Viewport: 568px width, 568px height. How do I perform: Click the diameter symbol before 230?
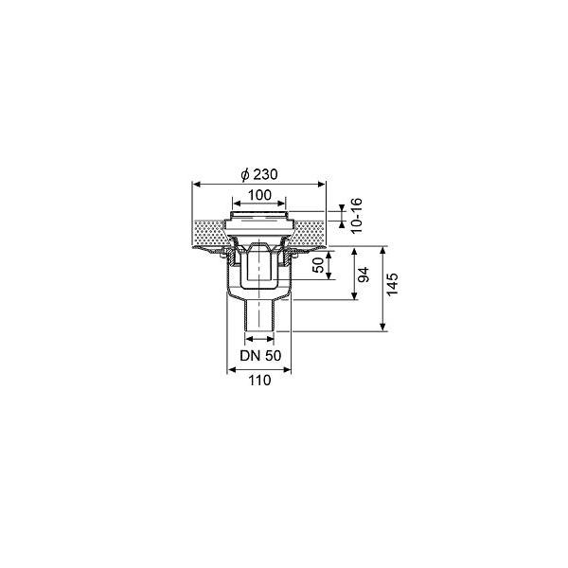(245, 174)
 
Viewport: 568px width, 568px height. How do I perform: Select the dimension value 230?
(265, 174)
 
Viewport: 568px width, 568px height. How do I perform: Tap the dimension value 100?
(259, 195)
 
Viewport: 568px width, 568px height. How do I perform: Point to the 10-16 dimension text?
(357, 216)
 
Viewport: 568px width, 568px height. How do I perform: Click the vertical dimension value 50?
(319, 265)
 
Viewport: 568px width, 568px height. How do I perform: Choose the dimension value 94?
(364, 275)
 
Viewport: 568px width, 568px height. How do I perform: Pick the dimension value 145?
(392, 284)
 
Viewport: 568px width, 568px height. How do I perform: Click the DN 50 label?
(260, 355)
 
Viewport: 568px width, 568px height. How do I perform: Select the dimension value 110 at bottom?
(259, 381)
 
